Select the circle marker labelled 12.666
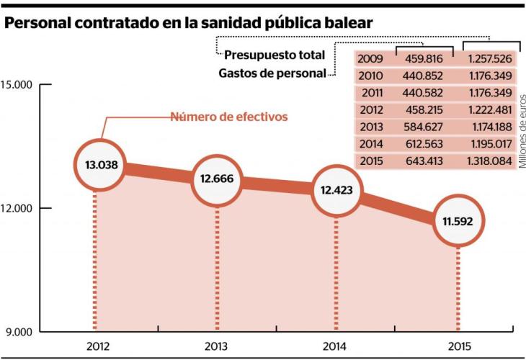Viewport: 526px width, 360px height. click(x=216, y=179)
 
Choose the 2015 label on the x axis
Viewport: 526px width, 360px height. click(x=458, y=346)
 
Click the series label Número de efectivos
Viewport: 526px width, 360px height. click(x=228, y=116)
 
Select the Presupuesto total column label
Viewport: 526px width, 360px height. click(x=275, y=55)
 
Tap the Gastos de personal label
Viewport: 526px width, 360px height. click(x=271, y=73)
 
